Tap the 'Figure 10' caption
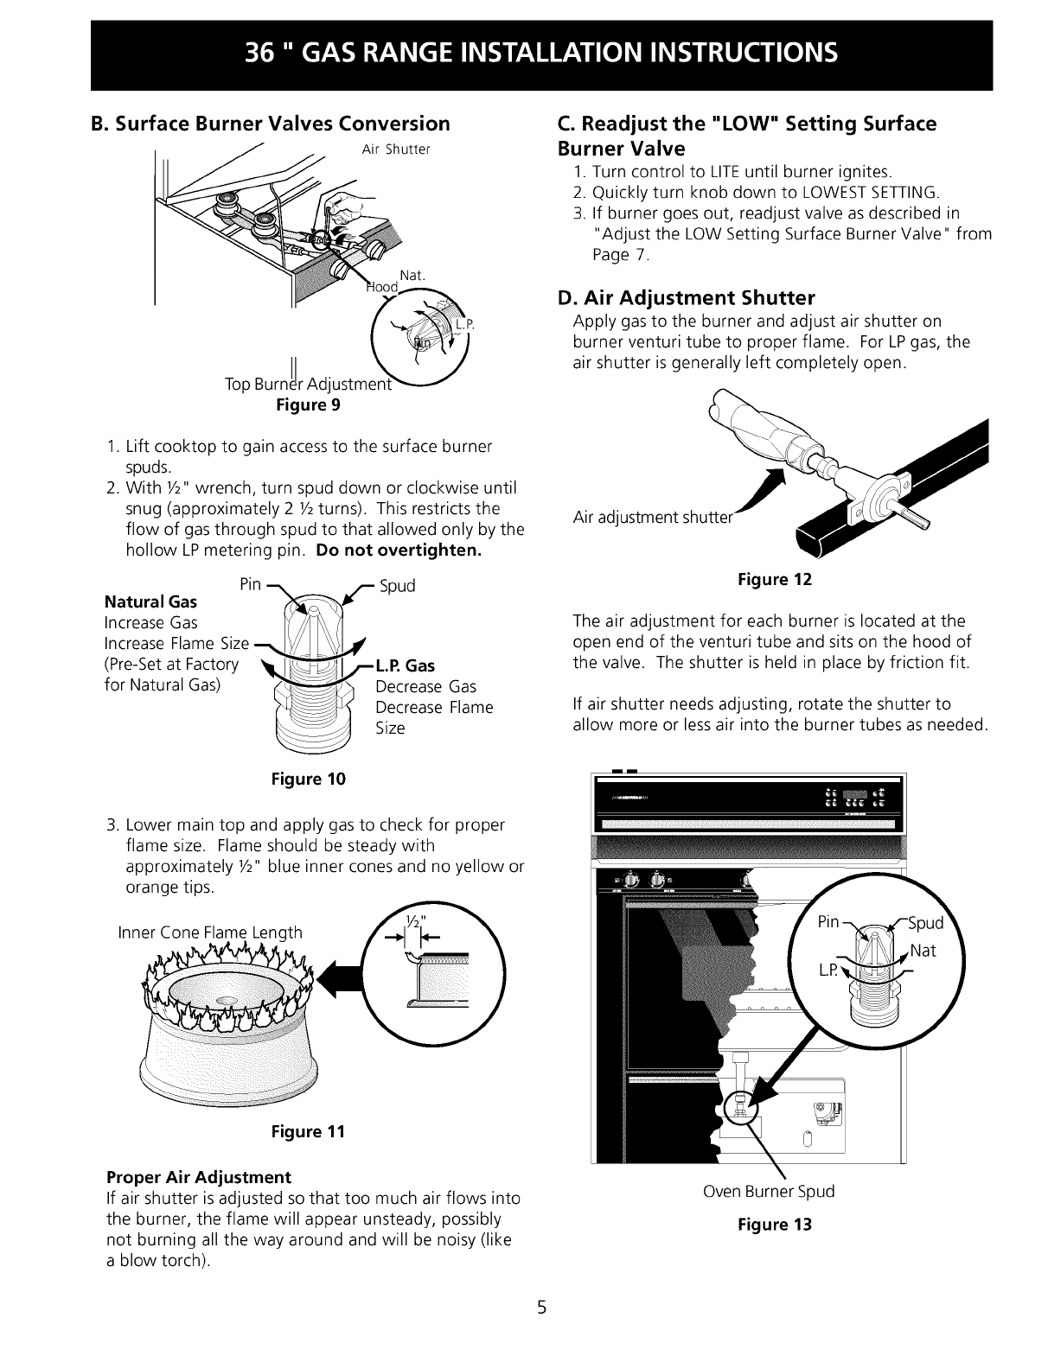click(308, 780)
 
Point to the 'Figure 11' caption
click(308, 1131)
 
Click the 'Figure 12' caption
click(775, 580)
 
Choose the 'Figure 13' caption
click(775, 1225)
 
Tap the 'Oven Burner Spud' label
click(770, 1192)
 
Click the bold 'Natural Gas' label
click(150, 601)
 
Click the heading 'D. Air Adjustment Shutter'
click(687, 298)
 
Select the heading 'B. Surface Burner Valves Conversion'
click(271, 124)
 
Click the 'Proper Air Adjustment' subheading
click(199, 1177)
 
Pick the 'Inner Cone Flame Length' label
click(210, 932)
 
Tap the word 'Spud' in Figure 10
click(398, 586)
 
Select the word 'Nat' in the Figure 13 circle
click(923, 951)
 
